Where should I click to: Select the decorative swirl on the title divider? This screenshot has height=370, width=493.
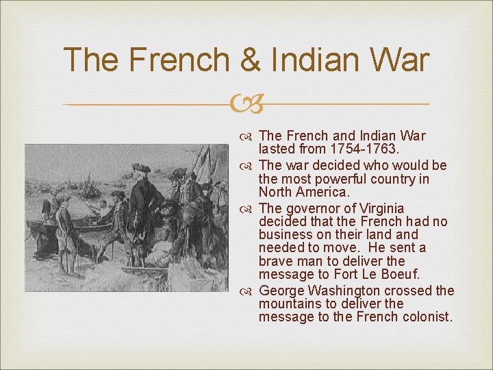246,105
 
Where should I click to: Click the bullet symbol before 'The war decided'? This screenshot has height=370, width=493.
249,166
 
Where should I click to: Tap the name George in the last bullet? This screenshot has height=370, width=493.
282,291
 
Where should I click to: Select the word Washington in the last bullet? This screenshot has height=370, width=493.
342,291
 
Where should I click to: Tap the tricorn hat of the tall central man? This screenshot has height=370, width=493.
141,168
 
